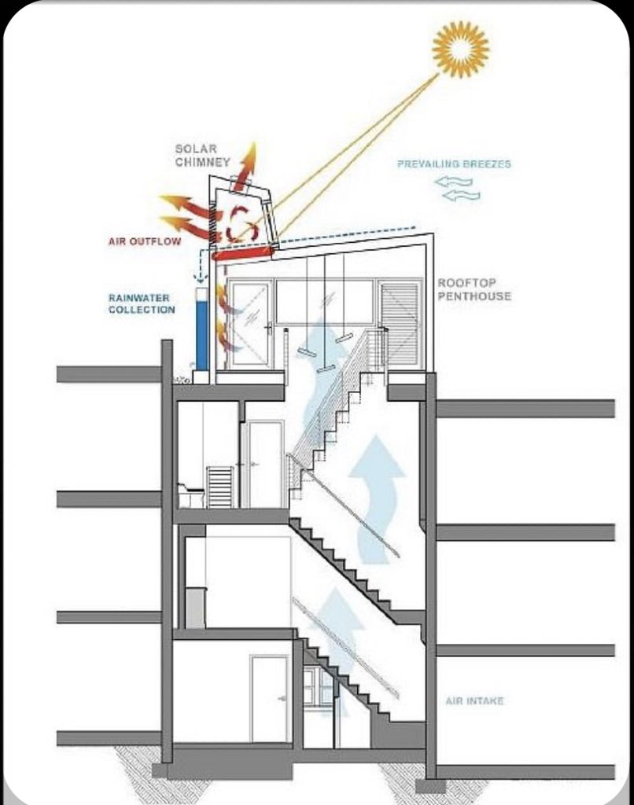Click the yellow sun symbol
tap(460, 49)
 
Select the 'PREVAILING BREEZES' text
tap(454, 164)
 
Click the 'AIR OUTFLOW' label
tap(145, 241)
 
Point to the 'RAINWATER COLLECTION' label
tap(142, 303)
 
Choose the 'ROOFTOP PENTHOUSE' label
tap(474, 289)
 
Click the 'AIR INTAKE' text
tap(474, 700)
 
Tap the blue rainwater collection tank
tap(201, 330)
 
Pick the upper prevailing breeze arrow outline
tap(453, 182)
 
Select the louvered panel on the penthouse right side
tap(400, 323)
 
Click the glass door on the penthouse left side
tap(251, 323)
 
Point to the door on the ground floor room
tap(269, 698)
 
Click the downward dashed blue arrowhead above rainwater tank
tap(201, 278)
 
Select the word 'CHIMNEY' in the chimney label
tap(202, 162)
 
